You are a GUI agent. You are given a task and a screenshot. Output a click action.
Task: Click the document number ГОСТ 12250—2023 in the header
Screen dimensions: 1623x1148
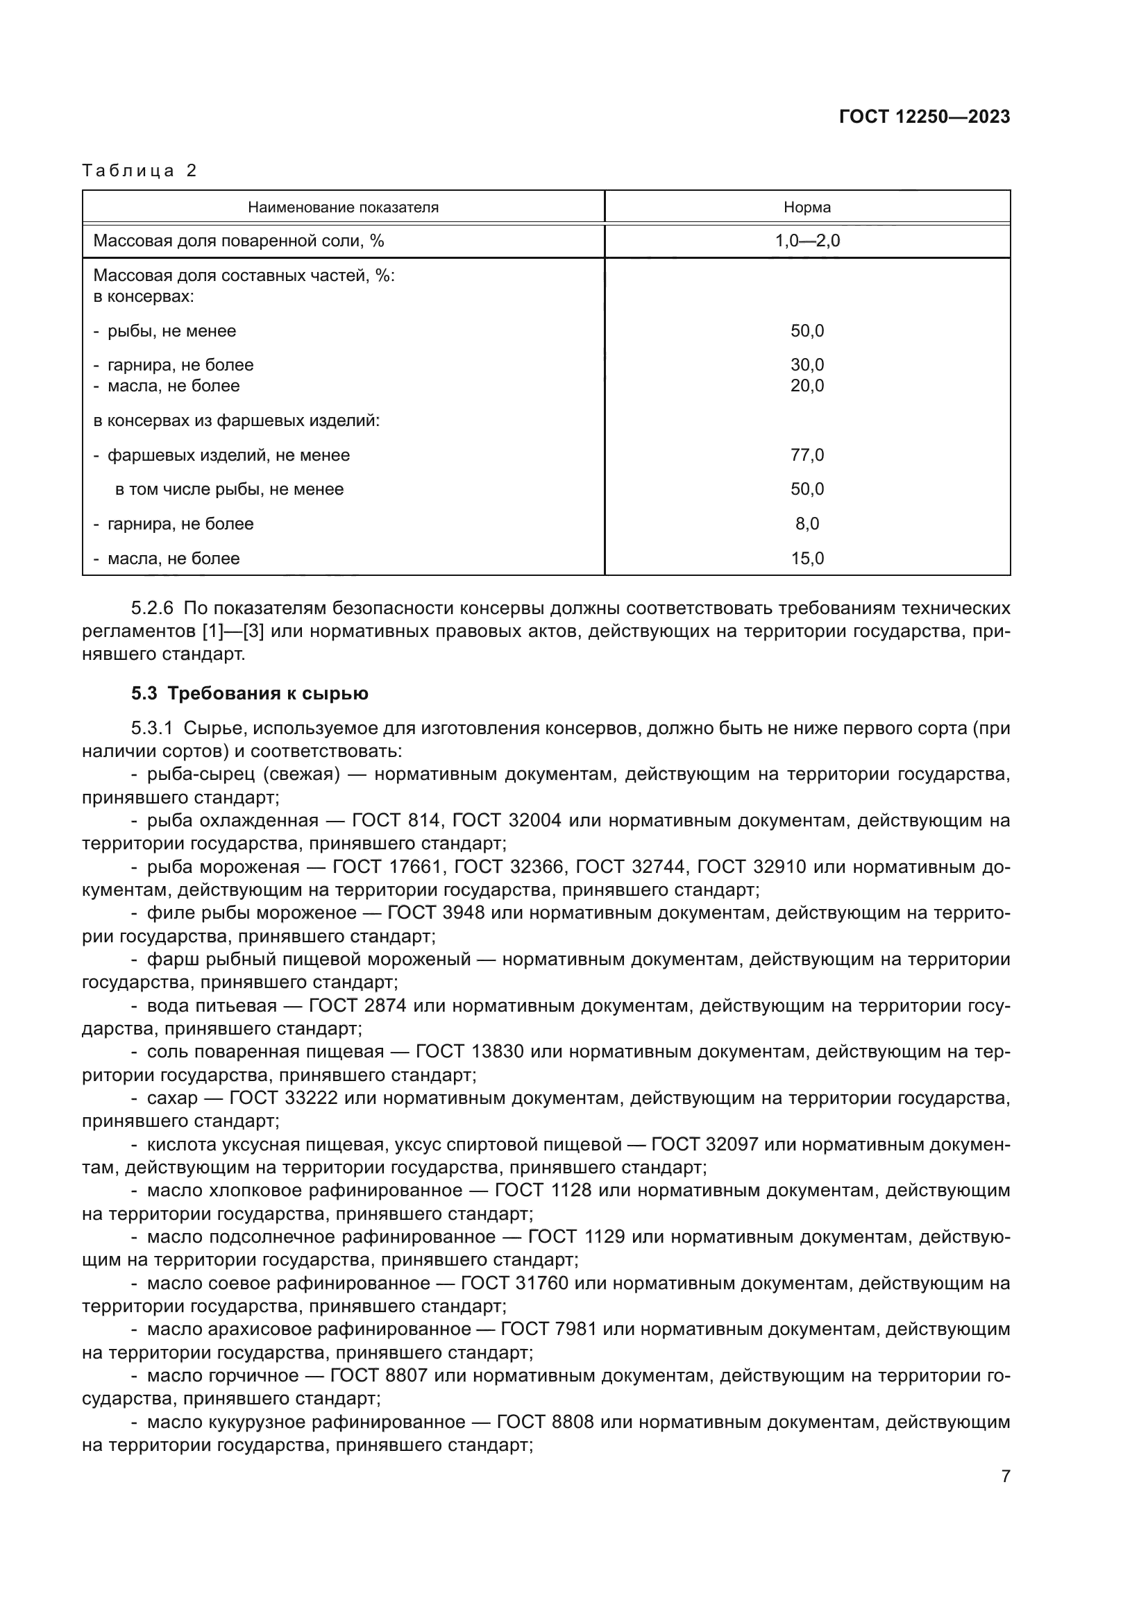point(924,117)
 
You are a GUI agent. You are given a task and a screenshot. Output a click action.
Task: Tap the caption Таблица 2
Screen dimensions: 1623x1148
point(140,171)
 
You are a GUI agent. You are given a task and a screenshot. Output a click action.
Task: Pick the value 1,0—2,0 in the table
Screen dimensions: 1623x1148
point(807,241)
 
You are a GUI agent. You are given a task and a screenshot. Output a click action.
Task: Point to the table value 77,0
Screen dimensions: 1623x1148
point(807,455)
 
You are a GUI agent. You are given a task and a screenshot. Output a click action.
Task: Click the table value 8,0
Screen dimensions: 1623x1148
point(807,524)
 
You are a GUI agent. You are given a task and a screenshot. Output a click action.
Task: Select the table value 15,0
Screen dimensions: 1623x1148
point(807,559)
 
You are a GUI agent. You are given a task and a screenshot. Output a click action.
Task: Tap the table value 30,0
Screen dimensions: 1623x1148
point(807,365)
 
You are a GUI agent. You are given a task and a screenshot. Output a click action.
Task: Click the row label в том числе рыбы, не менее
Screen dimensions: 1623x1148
point(229,489)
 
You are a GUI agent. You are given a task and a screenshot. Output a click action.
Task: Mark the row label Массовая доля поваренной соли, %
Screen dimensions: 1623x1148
point(238,241)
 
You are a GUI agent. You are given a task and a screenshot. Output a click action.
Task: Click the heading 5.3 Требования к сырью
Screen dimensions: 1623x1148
point(250,693)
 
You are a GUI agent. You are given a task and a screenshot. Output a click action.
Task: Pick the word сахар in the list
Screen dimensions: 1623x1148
point(171,1098)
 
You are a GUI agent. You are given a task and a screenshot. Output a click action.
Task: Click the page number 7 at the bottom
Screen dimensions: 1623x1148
point(1005,1476)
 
